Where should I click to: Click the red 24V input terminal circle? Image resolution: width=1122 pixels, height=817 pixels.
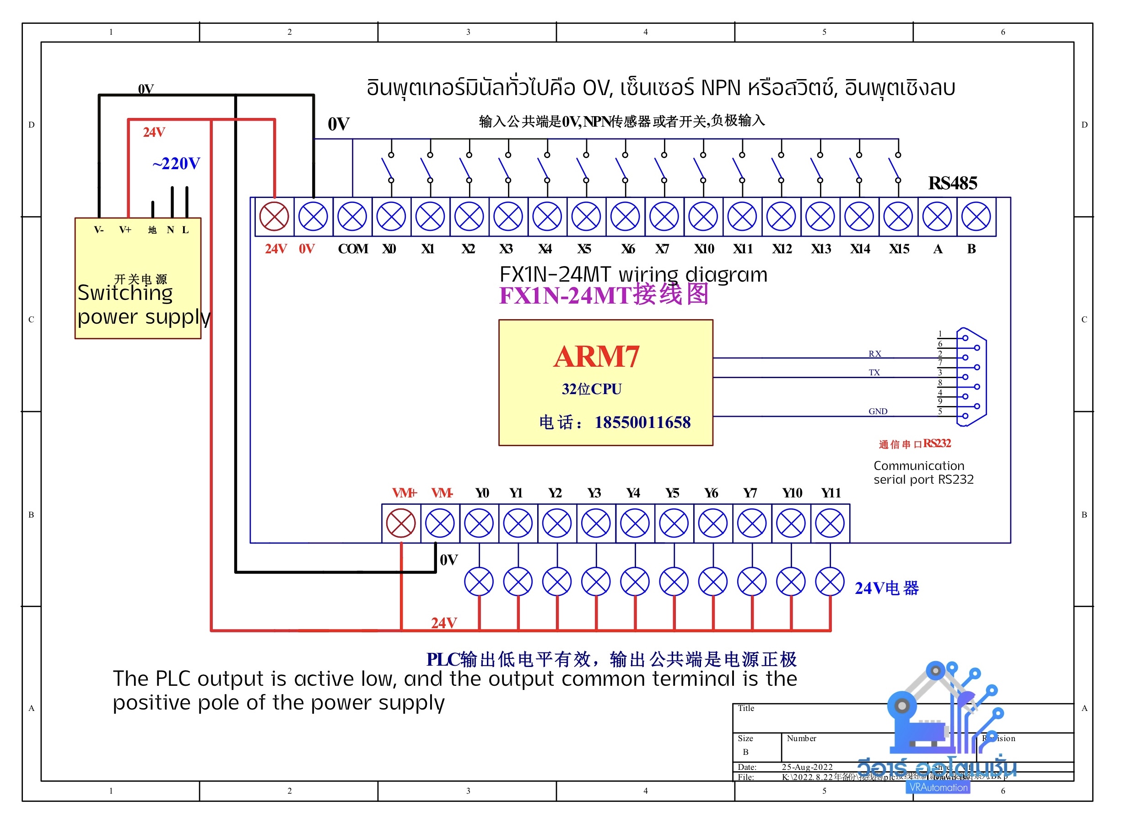[274, 217]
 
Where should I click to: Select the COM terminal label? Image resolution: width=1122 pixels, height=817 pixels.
[353, 249]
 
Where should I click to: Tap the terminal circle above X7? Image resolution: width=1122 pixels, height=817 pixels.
[664, 217]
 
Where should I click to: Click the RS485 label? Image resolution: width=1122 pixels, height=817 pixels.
[953, 183]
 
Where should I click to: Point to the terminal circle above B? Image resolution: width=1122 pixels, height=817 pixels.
[976, 217]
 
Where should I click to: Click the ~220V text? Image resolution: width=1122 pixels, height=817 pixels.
[176, 163]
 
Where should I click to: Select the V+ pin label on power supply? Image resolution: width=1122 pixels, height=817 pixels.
[125, 230]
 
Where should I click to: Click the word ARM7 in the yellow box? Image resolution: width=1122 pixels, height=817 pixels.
[597, 357]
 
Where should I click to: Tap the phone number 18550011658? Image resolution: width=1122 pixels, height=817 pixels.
[642, 422]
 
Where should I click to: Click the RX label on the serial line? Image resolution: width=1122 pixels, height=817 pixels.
[875, 353]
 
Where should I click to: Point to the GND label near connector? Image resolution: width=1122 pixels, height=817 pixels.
[878, 411]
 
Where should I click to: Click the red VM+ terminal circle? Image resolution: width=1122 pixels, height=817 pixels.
[401, 523]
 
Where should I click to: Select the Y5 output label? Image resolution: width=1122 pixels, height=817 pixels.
[672, 493]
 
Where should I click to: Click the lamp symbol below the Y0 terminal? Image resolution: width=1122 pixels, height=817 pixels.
[479, 582]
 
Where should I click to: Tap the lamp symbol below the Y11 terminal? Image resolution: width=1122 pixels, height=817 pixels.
[830, 582]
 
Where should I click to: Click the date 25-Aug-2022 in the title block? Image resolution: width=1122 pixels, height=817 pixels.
[807, 767]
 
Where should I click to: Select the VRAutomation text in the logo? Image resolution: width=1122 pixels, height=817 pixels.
[939, 787]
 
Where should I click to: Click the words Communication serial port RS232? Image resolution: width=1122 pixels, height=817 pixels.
[923, 472]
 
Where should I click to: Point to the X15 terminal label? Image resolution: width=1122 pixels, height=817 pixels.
[899, 249]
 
